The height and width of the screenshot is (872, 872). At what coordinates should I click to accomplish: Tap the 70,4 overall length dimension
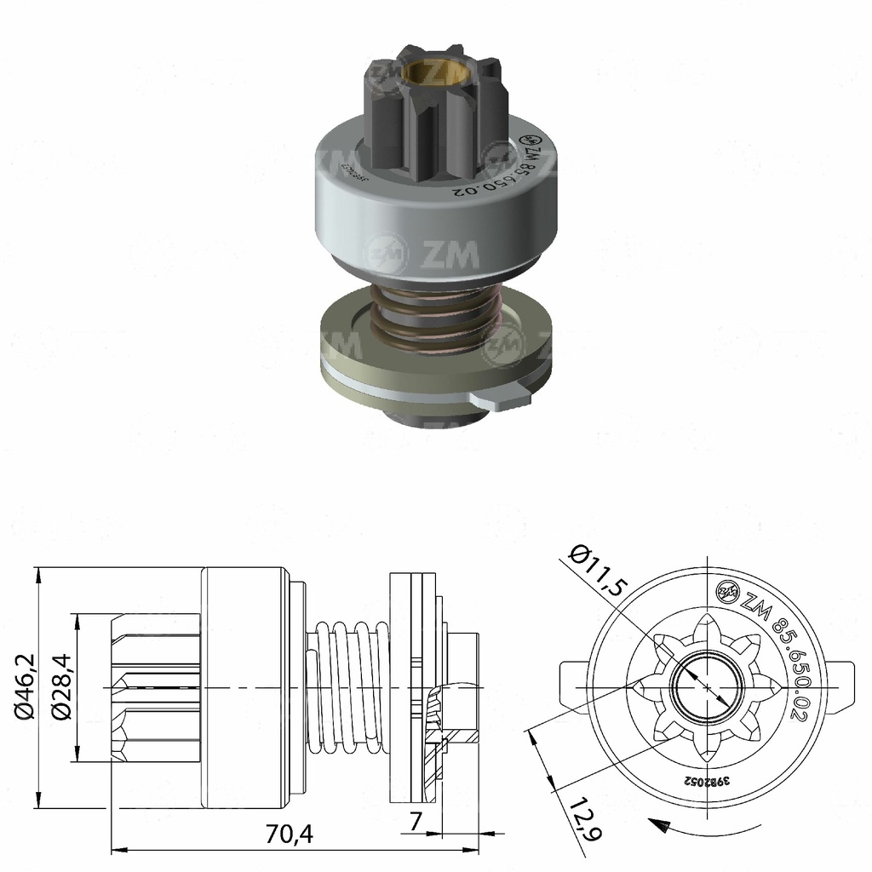coord(290,835)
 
